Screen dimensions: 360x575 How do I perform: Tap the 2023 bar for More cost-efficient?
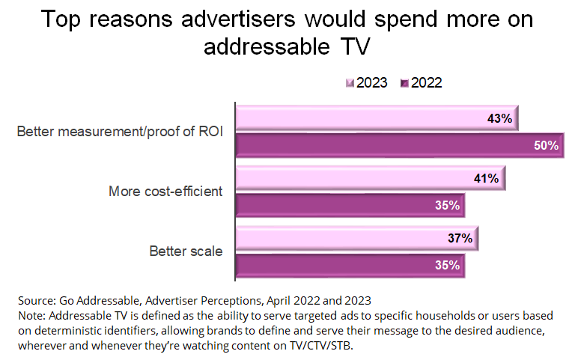click(x=371, y=179)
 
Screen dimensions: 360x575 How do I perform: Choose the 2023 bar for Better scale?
click(x=356, y=239)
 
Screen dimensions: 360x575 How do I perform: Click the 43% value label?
click(x=499, y=119)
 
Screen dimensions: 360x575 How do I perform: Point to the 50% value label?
click(x=546, y=146)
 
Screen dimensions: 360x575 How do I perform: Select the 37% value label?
click(x=459, y=239)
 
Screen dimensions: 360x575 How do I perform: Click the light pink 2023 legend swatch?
click(x=349, y=83)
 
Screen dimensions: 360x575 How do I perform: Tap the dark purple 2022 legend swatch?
click(x=405, y=83)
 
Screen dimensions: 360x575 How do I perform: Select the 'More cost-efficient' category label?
click(x=165, y=191)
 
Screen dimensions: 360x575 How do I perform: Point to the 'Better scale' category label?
click(x=185, y=251)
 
